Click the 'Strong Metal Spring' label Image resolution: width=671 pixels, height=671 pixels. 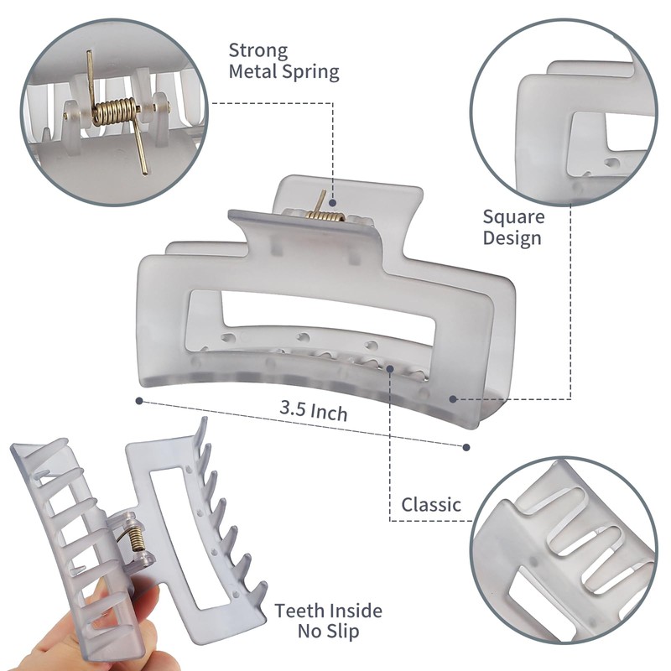[283, 61]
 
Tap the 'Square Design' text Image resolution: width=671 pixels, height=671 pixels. [512, 227]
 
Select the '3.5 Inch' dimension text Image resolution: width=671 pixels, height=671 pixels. [314, 413]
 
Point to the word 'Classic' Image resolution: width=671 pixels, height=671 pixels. [431, 505]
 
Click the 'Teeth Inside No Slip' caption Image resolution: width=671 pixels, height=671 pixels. [328, 621]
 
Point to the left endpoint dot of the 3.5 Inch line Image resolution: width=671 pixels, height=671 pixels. [138, 401]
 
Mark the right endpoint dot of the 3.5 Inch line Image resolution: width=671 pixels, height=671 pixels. [467, 446]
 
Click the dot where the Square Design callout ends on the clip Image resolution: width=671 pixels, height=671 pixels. [453, 399]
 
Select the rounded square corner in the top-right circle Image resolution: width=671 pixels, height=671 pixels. [537, 92]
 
